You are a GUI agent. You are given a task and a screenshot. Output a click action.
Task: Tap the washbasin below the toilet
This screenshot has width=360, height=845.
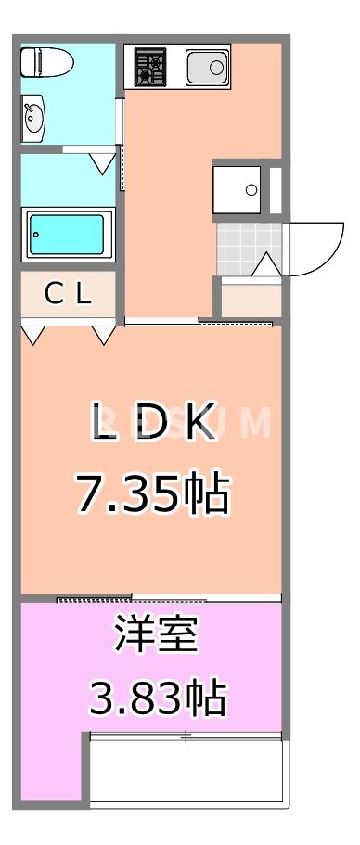coord(34,120)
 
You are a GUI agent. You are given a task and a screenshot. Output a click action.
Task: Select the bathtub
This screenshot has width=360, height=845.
coord(68,235)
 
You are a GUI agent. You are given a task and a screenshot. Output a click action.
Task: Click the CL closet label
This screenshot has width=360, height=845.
coord(68,295)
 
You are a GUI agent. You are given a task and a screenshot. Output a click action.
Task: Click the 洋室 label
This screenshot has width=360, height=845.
coord(156,640)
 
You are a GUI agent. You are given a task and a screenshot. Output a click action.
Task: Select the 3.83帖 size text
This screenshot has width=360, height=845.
coord(156,698)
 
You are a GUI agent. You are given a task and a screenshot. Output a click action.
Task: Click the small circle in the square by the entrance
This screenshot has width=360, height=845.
coord(251,190)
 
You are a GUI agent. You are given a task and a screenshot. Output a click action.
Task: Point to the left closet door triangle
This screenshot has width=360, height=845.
coord(33,335)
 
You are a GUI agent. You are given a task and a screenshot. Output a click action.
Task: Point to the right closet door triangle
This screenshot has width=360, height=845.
coord(104,334)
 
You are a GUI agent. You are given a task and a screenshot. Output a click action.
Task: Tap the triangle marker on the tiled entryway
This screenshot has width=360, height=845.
coord(265,264)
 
